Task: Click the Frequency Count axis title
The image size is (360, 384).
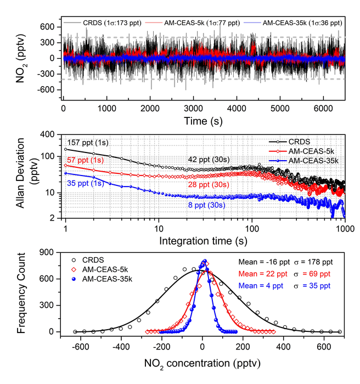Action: [19, 293]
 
